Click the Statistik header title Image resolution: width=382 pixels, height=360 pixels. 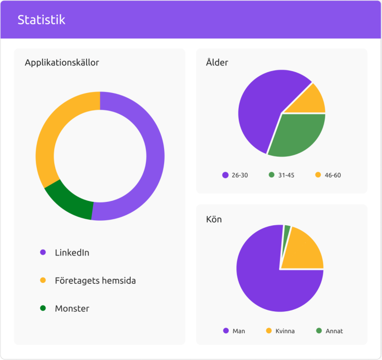click(41, 20)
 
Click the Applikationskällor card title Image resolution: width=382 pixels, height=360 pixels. click(62, 63)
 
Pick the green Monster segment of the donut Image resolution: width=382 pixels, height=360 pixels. click(70, 201)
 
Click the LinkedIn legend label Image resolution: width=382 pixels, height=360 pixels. click(72, 253)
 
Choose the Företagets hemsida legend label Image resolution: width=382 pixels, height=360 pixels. click(95, 280)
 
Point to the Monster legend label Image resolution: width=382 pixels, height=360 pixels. click(72, 308)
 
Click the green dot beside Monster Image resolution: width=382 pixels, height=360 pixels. click(43, 308)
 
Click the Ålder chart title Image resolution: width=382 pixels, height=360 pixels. click(217, 63)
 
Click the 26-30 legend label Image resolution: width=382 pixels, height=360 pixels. click(240, 175)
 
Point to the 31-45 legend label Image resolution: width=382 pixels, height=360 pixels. click(286, 175)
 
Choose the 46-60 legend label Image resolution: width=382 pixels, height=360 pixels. click(333, 175)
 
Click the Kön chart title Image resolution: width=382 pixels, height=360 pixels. click(214, 219)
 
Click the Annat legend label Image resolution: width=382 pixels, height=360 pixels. click(334, 331)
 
